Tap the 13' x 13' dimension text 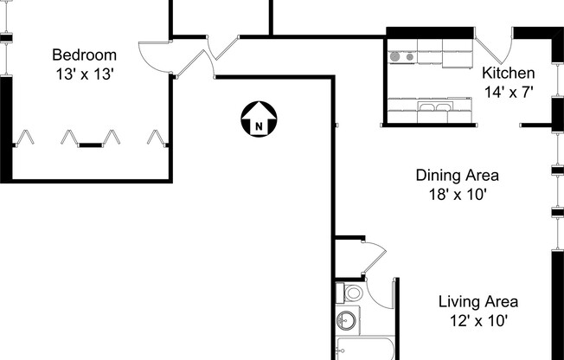[83, 74]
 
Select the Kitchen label [508, 73]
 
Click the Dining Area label [457, 176]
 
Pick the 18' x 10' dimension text [457, 194]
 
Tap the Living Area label [477, 302]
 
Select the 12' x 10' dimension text [477, 320]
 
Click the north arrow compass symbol [259, 119]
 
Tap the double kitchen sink [433, 108]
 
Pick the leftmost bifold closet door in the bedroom [26, 137]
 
